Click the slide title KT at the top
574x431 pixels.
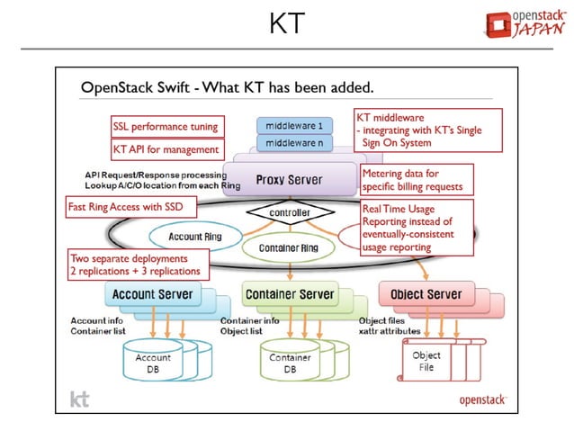[x=287, y=23]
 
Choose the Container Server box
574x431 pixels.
[x=290, y=294]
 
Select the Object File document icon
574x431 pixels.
[x=426, y=361]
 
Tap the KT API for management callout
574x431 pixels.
[x=166, y=149]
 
